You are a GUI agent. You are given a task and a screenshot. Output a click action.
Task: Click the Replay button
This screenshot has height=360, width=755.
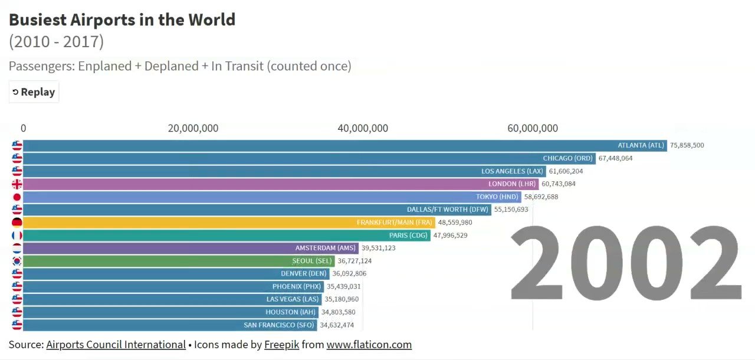click(x=34, y=92)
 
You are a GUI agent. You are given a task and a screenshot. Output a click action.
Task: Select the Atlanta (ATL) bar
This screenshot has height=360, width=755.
click(x=344, y=145)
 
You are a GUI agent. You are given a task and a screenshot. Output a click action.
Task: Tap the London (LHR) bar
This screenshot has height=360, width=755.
click(x=280, y=184)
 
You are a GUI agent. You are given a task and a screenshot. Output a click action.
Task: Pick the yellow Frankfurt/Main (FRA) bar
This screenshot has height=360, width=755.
click(x=229, y=222)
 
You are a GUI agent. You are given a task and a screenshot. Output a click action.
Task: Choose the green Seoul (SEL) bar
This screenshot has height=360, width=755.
click(x=179, y=261)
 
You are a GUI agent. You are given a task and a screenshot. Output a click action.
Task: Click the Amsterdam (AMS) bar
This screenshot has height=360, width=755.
click(x=191, y=248)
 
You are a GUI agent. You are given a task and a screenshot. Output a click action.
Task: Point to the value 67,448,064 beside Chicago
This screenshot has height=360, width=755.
click(x=615, y=158)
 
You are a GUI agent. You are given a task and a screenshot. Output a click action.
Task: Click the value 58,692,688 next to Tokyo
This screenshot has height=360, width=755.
click(x=541, y=197)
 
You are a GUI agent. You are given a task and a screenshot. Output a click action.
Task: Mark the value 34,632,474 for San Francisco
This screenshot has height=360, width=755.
click(x=337, y=325)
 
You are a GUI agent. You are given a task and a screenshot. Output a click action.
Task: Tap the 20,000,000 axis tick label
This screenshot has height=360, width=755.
click(x=193, y=129)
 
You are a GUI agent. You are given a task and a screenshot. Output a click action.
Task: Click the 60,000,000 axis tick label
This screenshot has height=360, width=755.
click(x=533, y=129)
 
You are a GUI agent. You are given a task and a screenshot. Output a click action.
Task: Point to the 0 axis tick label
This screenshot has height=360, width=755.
click(x=23, y=129)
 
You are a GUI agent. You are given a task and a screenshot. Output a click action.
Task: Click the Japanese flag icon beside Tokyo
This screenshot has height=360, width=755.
click(x=17, y=197)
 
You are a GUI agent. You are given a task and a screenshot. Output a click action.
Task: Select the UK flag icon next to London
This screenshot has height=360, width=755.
click(x=17, y=184)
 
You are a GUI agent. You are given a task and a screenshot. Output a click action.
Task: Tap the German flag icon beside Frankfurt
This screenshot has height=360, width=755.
click(x=17, y=222)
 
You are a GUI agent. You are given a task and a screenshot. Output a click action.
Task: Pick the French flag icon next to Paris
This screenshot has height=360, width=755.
click(x=17, y=235)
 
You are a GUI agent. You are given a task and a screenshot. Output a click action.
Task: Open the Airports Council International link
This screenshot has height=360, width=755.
click(x=116, y=345)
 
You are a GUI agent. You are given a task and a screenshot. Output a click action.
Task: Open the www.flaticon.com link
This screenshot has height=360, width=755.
click(x=369, y=345)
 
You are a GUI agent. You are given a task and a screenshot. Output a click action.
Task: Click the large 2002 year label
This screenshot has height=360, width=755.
click(x=625, y=264)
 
